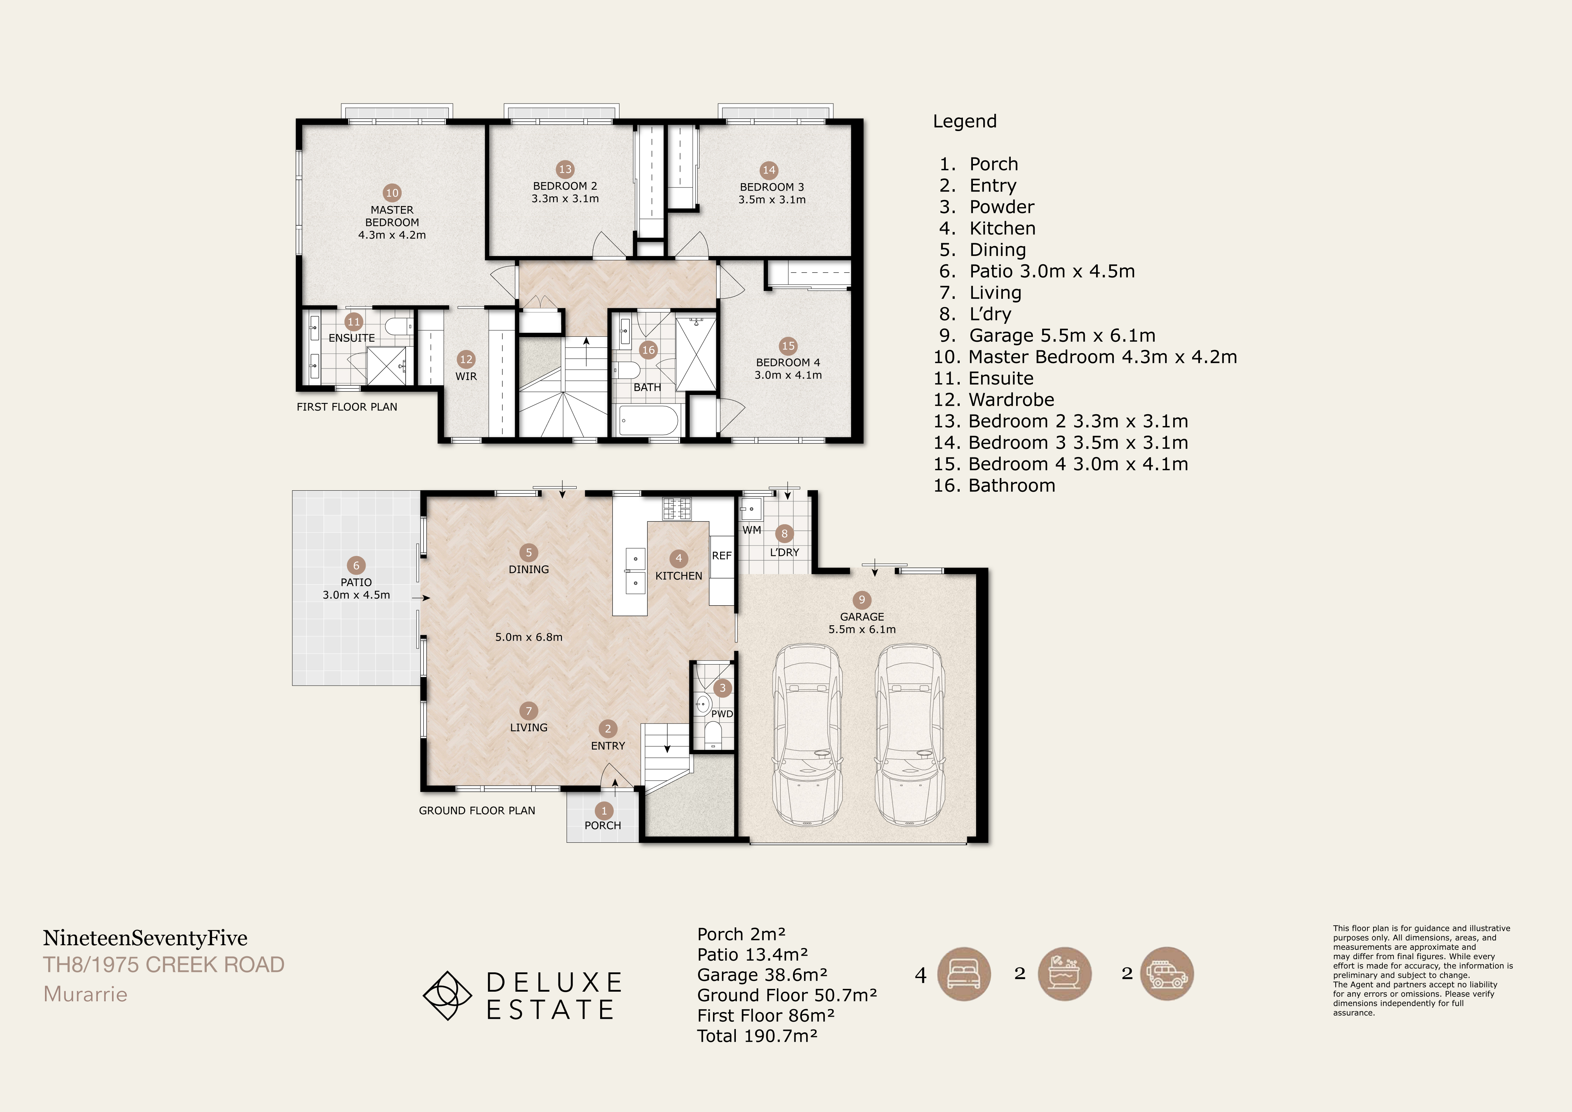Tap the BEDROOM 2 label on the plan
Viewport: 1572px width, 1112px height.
(x=565, y=186)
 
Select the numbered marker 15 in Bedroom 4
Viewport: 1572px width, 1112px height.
(x=788, y=346)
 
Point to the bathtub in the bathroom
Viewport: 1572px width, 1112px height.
(x=648, y=420)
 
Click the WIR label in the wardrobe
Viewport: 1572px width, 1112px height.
(x=466, y=377)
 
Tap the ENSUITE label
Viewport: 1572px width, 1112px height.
(x=352, y=338)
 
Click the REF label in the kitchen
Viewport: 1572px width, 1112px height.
(x=722, y=556)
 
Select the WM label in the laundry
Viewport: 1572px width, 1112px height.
(x=752, y=530)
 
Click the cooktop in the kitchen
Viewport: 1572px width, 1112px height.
(x=677, y=508)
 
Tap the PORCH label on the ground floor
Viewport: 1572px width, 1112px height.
(x=603, y=826)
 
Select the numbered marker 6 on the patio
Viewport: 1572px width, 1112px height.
(x=356, y=566)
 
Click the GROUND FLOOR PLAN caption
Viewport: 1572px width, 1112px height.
(x=477, y=811)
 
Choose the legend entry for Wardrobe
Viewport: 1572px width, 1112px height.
(x=994, y=400)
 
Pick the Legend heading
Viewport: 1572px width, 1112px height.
(x=965, y=122)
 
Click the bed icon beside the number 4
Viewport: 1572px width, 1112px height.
(x=963, y=975)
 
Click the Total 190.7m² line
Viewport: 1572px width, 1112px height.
(x=757, y=1036)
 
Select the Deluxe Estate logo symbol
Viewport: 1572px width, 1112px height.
(x=447, y=996)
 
